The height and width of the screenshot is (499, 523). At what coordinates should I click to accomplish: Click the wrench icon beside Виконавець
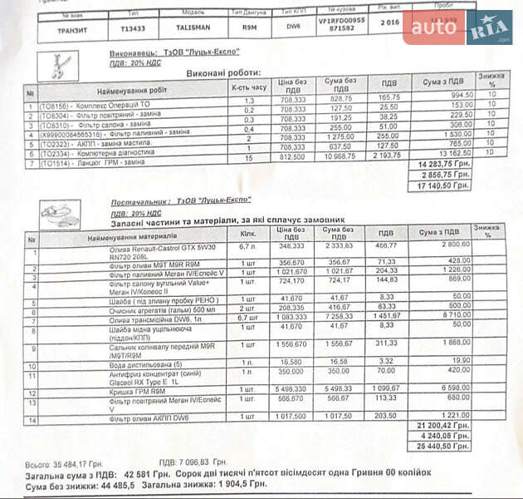58,63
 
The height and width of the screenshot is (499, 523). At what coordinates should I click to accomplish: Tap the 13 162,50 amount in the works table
448,154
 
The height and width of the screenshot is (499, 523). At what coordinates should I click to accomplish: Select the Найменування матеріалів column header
133,237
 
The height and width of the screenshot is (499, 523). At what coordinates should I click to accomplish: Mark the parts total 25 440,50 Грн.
448,445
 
